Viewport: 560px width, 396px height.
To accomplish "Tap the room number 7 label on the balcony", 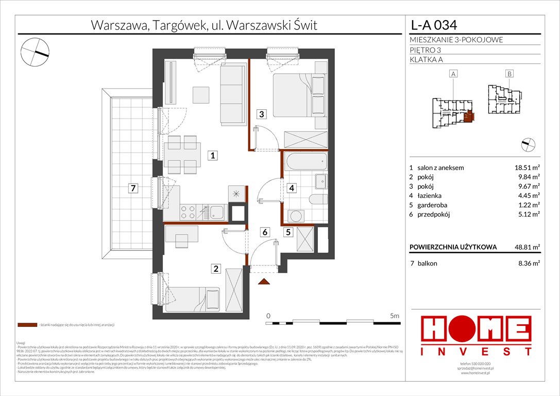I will [x=133, y=189].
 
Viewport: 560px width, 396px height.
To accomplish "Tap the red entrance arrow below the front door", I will [x=264, y=281].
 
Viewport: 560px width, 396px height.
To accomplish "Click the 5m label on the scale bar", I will [x=395, y=315].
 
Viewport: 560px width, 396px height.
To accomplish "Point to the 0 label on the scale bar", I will [x=268, y=315].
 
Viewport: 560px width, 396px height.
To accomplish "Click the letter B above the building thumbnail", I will [x=508, y=74].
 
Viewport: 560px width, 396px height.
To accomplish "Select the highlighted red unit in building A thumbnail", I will [x=468, y=117].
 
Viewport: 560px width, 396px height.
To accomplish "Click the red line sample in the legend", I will [x=27, y=325].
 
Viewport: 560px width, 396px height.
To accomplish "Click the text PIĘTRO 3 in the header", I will [x=426, y=49].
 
